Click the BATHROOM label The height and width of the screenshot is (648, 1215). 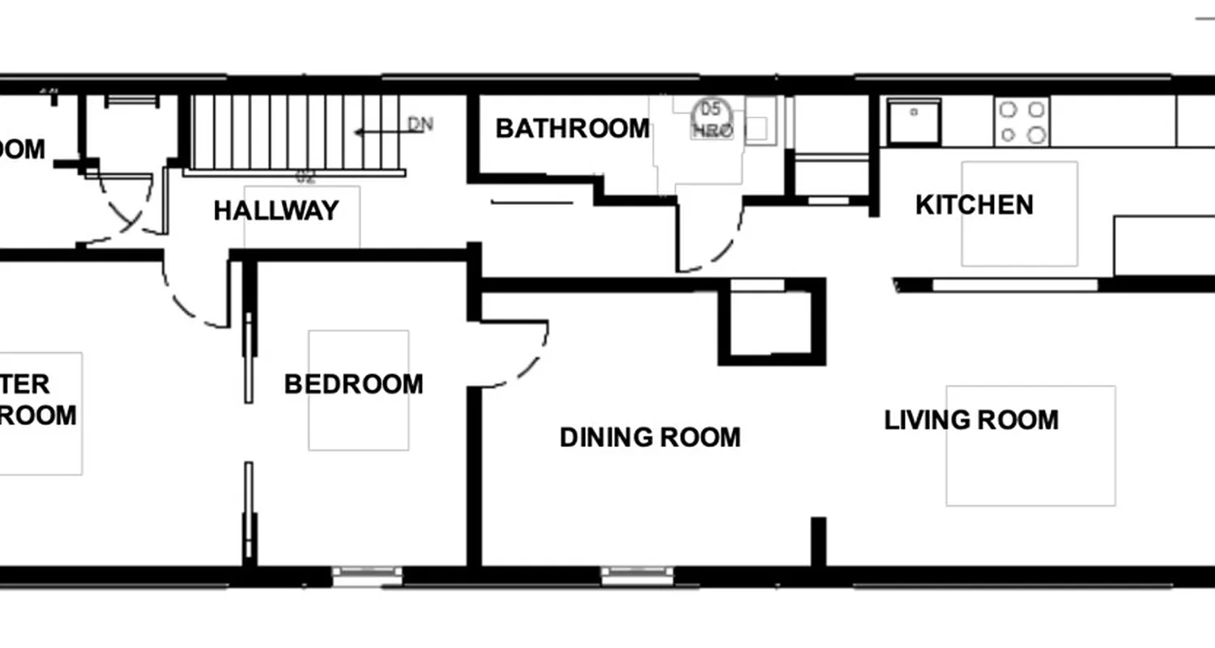tap(572, 128)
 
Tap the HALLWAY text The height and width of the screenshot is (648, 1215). tap(275, 211)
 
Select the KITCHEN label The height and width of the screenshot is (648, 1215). tap(974, 205)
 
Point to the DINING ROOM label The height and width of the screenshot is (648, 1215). tap(650, 437)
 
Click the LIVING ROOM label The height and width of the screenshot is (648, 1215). tap(971, 420)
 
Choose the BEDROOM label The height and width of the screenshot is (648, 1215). tap(353, 384)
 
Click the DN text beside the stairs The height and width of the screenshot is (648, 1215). tap(420, 125)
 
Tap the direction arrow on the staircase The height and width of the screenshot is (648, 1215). tap(377, 130)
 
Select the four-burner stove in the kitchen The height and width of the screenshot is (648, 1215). tap(1021, 122)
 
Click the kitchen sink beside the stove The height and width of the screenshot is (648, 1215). tap(914, 122)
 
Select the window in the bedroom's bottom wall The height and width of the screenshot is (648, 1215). tap(367, 576)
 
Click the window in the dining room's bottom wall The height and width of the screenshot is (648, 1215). tap(637, 576)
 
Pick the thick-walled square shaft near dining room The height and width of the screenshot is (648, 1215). tap(771, 322)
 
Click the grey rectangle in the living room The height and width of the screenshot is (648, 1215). tap(1030, 446)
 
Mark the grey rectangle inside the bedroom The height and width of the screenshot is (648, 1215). tap(358, 390)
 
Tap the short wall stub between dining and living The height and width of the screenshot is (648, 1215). tap(818, 541)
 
